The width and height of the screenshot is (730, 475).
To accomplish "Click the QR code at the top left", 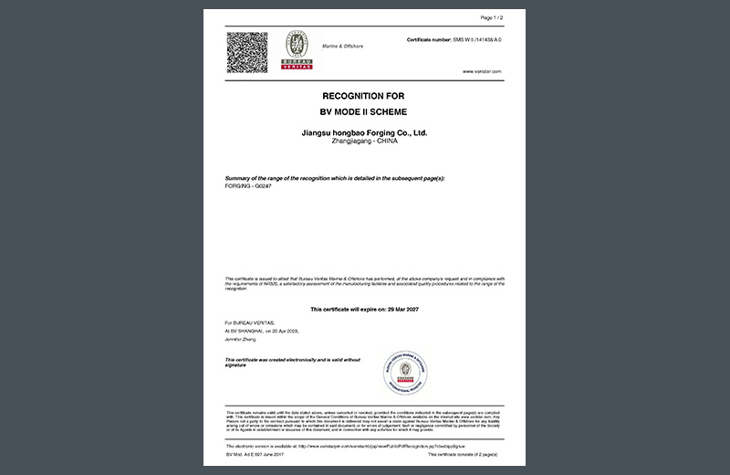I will (246, 53).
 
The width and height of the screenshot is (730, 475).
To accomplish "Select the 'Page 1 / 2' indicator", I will (492, 17).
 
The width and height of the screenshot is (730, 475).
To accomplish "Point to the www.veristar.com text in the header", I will (483, 70).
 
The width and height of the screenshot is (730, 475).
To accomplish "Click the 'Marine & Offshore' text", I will (342, 45).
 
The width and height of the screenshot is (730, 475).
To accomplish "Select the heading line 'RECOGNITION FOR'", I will (363, 95).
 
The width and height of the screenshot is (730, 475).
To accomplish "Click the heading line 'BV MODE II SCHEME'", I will (363, 111).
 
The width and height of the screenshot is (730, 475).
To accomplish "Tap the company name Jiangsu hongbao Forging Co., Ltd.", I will (364, 132).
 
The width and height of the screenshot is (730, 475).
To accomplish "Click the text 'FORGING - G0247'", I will (247, 185).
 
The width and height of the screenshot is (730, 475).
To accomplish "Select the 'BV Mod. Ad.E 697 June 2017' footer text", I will (253, 454).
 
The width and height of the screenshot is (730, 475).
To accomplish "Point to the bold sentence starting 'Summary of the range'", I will (334, 177).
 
